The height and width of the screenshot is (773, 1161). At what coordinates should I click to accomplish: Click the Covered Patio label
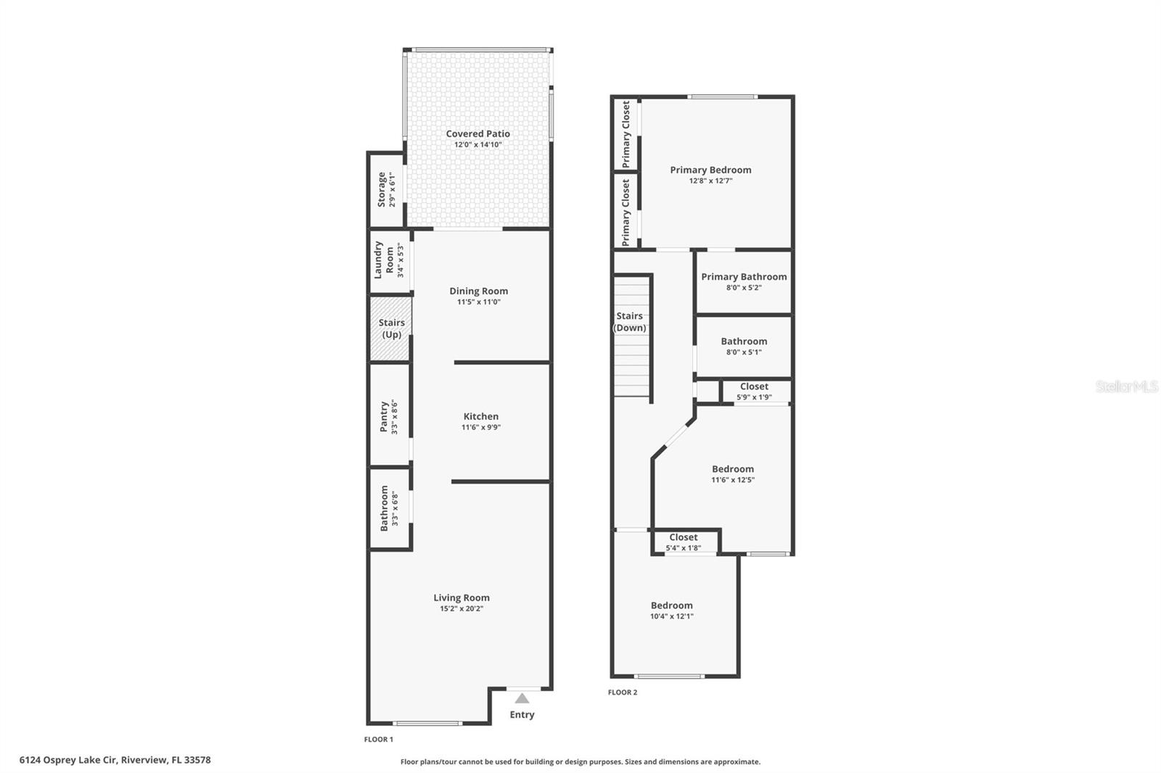477,133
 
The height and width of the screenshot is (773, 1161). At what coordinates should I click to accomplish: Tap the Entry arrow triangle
522,699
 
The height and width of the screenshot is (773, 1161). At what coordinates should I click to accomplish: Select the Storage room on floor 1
386,190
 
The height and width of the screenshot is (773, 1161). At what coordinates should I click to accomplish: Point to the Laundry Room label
384,260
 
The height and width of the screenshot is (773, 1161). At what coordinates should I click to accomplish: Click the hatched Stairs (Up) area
391,328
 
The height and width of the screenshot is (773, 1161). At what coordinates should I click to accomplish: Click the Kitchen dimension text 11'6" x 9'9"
481,427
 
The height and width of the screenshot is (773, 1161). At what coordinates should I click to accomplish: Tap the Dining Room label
478,291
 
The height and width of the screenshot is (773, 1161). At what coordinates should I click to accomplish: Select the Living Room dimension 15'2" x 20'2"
461,608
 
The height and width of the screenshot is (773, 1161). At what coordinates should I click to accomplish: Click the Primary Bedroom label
710,170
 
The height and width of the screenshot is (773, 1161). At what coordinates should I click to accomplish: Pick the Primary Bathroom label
744,276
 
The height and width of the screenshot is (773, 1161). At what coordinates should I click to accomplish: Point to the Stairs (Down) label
629,321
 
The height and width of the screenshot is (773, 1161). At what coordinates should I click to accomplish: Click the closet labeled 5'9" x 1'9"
754,392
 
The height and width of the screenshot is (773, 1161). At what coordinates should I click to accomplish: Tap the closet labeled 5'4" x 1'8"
683,542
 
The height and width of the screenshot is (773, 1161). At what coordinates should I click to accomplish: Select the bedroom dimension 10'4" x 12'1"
671,616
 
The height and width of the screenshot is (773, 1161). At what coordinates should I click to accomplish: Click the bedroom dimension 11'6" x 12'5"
733,479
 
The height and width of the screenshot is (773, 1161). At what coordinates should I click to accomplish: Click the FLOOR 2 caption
623,693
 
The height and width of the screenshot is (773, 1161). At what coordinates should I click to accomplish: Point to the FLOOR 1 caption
378,740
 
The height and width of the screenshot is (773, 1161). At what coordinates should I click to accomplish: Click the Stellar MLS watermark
1126,387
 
